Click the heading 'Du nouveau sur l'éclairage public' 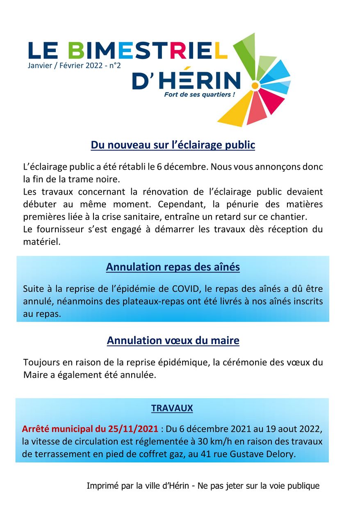click(173, 145)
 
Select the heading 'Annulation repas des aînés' click(173, 267)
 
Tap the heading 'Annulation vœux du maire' click(173, 340)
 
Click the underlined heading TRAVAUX click(172, 408)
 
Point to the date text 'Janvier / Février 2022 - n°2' click(74, 65)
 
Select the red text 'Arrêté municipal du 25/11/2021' click(90, 429)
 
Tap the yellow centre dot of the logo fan click(255, 86)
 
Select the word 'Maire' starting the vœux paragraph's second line click(35, 375)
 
